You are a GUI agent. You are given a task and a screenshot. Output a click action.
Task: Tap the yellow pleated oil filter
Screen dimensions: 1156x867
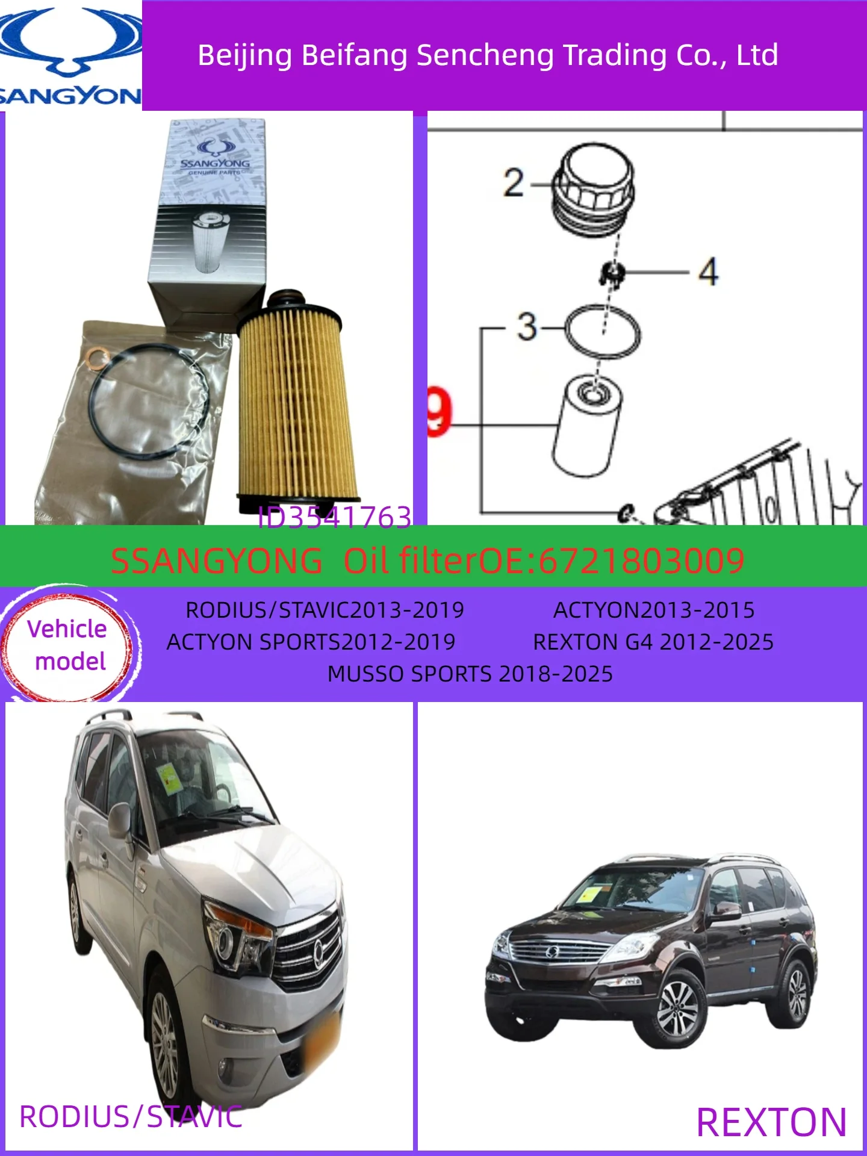point(295,403)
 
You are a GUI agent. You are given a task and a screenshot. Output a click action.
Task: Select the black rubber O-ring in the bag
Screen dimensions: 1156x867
point(151,400)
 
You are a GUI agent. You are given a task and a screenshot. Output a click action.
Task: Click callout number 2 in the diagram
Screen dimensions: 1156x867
point(514,183)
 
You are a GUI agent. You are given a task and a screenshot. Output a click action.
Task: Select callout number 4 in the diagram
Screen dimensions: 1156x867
point(708,272)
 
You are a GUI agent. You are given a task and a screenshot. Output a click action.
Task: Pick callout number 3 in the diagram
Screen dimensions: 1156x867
point(527,327)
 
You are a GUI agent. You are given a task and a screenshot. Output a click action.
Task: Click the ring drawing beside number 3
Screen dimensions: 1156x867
point(602,332)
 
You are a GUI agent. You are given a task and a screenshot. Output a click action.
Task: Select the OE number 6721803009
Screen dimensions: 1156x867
point(641,561)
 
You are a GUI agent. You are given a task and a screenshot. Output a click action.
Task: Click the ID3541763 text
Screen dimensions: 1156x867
point(334,517)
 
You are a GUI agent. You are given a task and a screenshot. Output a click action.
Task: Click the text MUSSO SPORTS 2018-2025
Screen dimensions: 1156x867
point(470,674)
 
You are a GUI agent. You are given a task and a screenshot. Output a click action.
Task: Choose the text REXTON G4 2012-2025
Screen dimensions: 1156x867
point(653,642)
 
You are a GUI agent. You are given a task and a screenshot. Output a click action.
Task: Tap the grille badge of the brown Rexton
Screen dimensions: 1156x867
point(552,952)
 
